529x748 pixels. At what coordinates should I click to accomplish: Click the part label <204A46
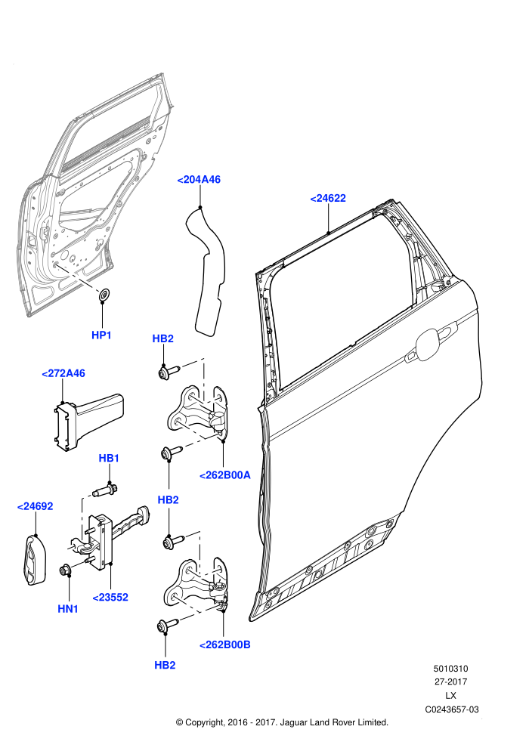click(x=199, y=180)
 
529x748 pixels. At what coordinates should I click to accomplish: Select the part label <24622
click(x=328, y=199)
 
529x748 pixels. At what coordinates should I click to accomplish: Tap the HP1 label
click(x=101, y=335)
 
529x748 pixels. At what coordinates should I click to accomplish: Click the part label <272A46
click(x=63, y=373)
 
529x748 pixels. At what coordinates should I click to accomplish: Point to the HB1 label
click(x=109, y=459)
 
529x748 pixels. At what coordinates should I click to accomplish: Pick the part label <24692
click(x=35, y=507)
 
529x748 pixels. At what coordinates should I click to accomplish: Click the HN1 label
click(x=68, y=609)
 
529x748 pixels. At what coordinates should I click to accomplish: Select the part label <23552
click(x=110, y=597)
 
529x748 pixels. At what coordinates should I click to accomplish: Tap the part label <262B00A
click(x=224, y=475)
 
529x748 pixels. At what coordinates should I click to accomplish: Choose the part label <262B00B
click(x=224, y=645)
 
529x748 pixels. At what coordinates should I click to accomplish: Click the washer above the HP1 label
click(x=104, y=295)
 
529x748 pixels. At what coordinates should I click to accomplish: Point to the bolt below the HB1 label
click(x=104, y=490)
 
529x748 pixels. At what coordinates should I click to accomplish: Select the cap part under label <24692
click(x=35, y=559)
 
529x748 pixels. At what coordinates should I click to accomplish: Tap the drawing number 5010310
click(x=450, y=669)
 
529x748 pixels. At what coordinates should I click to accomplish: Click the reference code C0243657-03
click(x=452, y=709)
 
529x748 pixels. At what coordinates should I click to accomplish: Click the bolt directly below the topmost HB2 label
click(x=169, y=371)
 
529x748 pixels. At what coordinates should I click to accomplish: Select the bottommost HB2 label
click(x=165, y=666)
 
